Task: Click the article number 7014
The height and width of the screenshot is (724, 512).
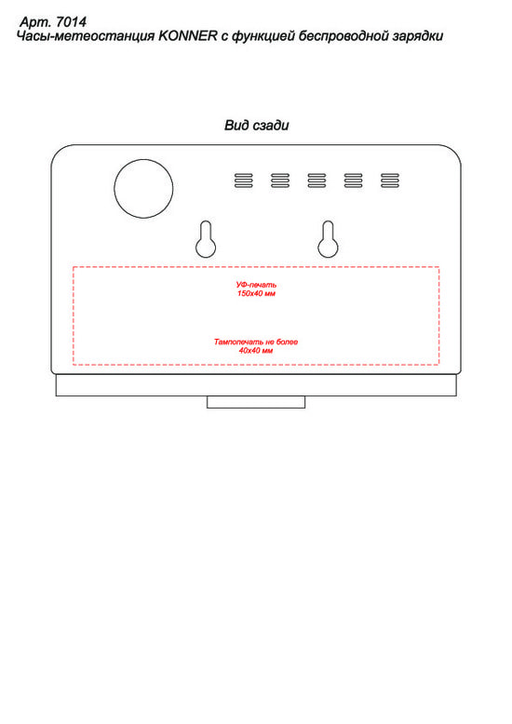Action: click(x=71, y=21)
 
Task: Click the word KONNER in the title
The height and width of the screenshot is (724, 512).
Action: click(x=188, y=36)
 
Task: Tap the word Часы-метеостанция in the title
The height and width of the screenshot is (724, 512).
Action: click(x=86, y=36)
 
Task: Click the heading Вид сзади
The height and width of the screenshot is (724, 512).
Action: click(x=257, y=125)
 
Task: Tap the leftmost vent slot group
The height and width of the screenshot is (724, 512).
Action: click(x=244, y=181)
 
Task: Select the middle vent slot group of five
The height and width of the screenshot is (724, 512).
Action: click(x=317, y=181)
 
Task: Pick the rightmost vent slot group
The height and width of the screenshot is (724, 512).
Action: click(x=389, y=181)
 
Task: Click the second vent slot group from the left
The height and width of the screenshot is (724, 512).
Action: click(x=280, y=181)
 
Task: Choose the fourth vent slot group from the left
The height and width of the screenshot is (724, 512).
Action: click(x=353, y=181)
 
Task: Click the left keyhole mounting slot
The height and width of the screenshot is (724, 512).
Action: click(x=206, y=239)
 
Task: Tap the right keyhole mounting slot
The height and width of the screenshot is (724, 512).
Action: click(x=328, y=239)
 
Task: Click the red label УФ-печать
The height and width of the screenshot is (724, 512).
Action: click(x=256, y=285)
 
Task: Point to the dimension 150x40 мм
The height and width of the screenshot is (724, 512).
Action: click(x=256, y=294)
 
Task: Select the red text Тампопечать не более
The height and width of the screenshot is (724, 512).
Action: click(x=256, y=342)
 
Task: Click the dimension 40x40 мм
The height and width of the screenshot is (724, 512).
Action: click(x=256, y=351)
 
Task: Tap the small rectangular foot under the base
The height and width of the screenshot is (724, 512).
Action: click(x=256, y=402)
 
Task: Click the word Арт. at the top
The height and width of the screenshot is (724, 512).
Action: click(x=35, y=22)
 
